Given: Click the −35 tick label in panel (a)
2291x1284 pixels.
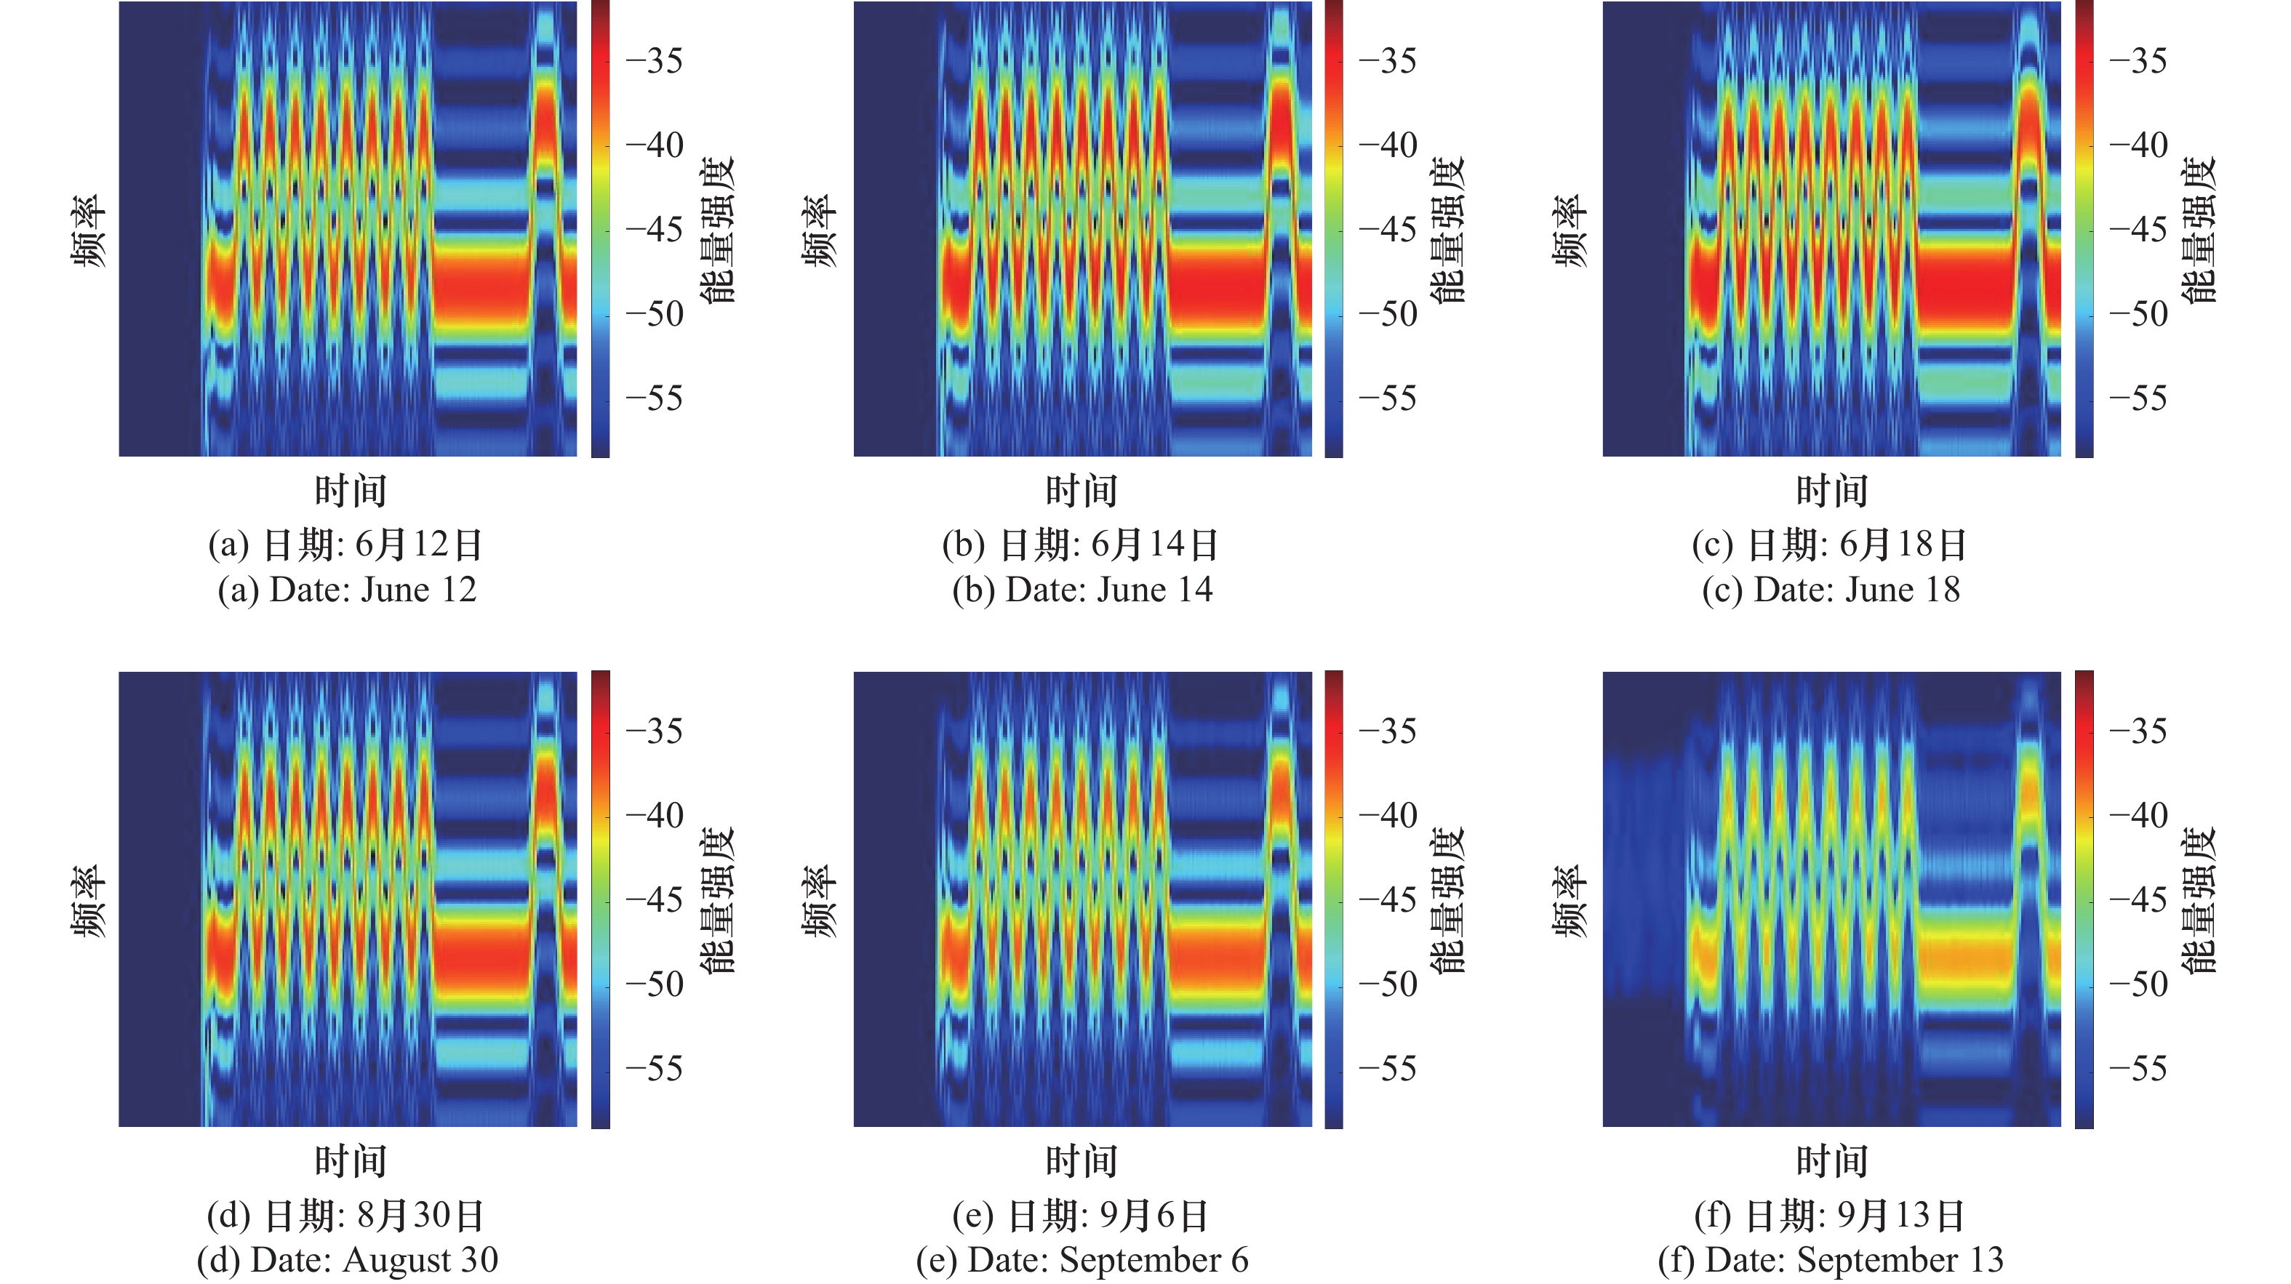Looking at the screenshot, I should (x=655, y=61).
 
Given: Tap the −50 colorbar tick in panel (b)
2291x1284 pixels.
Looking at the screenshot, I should (x=1388, y=314).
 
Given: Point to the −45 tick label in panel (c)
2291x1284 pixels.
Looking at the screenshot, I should (x=2138, y=230).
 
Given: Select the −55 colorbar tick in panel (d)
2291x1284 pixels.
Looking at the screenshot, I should (x=655, y=1068).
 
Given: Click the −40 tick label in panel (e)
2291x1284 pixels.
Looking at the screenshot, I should (x=1388, y=815).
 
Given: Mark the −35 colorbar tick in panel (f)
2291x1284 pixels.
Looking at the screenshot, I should (x=2138, y=731).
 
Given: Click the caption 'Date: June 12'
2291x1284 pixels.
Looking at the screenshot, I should (x=348, y=590).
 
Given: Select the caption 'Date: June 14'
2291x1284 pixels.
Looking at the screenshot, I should (x=1082, y=590).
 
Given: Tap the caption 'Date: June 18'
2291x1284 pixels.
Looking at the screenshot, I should (x=1831, y=590).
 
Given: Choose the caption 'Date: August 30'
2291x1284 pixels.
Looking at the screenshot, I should (x=348, y=1260).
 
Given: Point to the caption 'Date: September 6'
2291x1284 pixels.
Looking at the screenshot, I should (x=1082, y=1260).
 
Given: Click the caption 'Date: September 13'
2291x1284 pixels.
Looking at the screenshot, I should (x=1831, y=1260).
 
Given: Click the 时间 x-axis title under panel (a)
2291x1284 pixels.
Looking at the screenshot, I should (x=351, y=491).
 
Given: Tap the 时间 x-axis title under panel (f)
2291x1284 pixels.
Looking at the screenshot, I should (x=1832, y=1161).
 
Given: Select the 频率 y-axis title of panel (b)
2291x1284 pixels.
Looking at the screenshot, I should (x=820, y=231).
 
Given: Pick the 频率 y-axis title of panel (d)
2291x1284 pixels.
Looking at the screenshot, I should (x=89, y=901).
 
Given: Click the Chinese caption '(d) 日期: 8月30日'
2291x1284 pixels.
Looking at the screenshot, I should (x=346, y=1216).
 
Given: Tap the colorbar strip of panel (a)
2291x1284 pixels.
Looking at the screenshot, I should (x=600, y=230).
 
